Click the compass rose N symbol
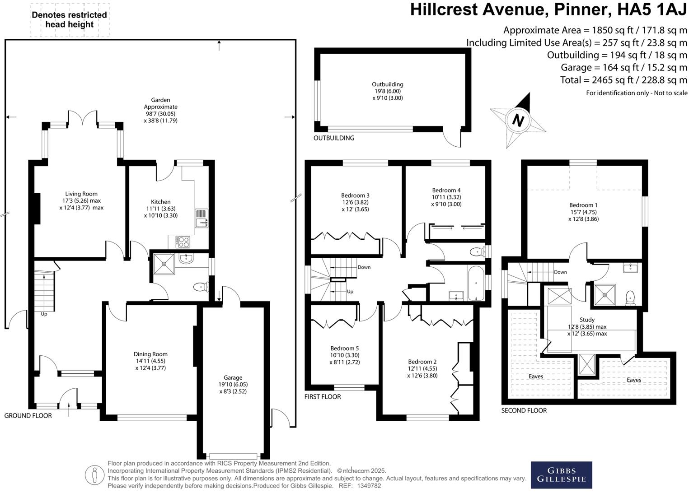point(518,121)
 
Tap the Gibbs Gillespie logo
point(561,475)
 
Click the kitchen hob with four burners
point(183,242)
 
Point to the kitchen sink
point(202,219)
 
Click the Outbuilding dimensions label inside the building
point(387,91)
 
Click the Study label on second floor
point(587,320)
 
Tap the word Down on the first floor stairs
point(364,267)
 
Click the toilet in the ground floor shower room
point(200,287)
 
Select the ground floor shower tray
point(163,264)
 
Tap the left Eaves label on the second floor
point(536,376)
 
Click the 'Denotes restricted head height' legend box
point(70,20)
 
